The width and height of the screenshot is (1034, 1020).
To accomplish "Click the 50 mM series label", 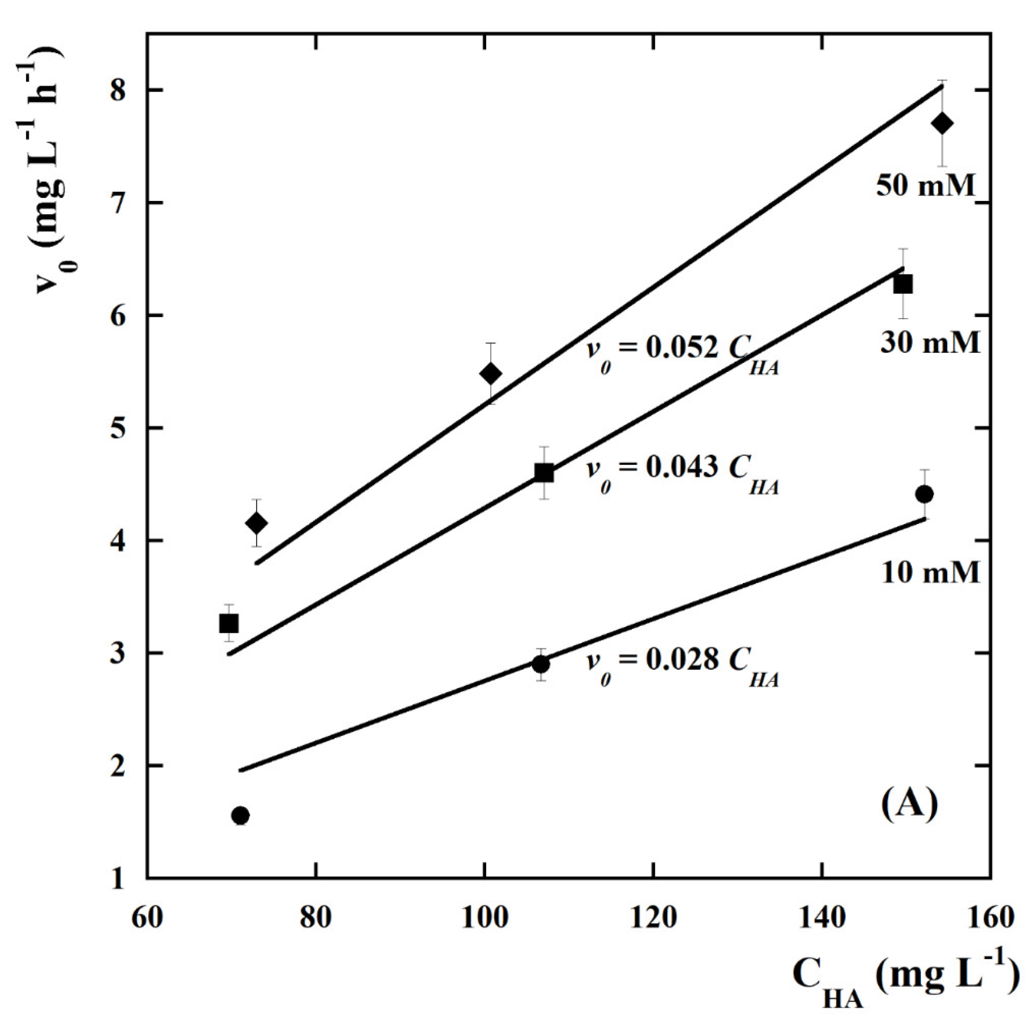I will pos(925,187).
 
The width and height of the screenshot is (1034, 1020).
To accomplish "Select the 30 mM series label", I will pos(930,342).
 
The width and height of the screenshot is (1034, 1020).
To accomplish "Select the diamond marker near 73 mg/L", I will pos(257,523).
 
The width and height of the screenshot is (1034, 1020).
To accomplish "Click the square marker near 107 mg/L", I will pos(544,473).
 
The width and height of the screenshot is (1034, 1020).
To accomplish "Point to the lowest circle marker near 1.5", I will pos(240,815).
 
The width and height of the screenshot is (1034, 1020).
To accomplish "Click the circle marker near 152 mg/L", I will pos(924,494).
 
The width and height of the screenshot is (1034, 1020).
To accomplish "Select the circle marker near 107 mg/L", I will pos(541,664).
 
